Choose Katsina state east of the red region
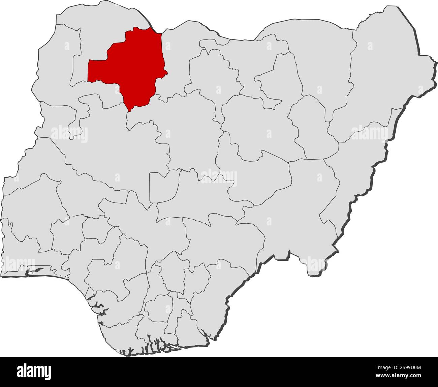coord(179,61)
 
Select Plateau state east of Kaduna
coord(256,175)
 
